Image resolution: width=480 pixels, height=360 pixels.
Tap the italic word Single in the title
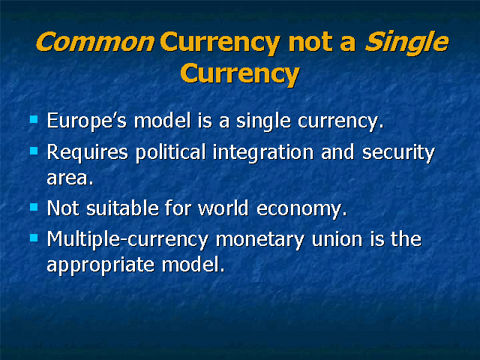406,43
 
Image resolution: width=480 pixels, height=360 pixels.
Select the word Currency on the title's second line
240,73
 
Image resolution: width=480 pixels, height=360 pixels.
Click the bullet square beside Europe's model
34,119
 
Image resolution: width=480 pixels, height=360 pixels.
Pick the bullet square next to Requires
34,151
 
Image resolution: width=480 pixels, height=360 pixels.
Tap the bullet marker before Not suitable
34,207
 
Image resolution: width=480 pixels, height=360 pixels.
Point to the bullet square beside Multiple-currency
34,238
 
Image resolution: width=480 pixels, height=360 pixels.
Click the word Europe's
87,121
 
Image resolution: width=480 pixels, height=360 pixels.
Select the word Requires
87,152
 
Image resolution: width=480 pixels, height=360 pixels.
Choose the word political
170,152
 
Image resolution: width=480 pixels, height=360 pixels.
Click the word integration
263,152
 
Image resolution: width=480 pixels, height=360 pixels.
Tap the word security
398,152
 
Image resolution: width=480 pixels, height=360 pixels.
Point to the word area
70,178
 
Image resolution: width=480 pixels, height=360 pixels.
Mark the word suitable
122,208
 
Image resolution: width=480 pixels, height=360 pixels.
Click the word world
223,208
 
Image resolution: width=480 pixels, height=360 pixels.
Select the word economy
301,209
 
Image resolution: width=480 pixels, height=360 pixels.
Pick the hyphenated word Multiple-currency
127,239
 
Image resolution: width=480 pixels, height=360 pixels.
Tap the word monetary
260,240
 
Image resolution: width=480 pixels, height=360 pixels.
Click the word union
337,238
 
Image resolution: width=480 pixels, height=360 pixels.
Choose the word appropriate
100,265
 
